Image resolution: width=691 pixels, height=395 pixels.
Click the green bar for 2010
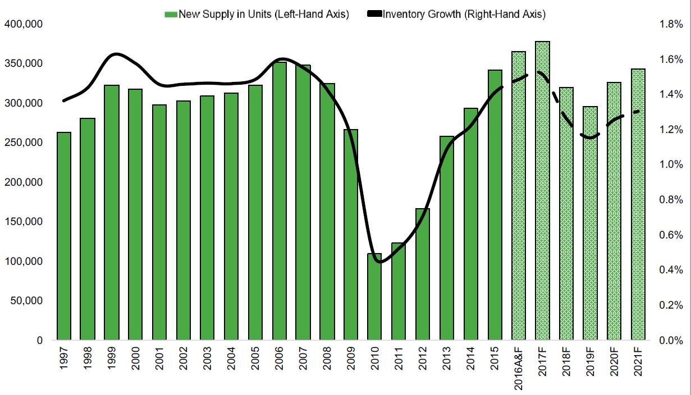click(x=374, y=297)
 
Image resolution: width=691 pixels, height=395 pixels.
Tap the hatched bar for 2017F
click(x=542, y=191)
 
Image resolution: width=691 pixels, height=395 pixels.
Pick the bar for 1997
click(x=63, y=236)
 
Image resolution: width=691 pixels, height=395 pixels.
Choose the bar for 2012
click(x=423, y=274)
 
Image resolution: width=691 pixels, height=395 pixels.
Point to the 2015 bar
click(x=495, y=205)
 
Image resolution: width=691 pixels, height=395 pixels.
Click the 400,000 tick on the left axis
click(x=24, y=25)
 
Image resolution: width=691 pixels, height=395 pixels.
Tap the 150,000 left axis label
click(x=24, y=222)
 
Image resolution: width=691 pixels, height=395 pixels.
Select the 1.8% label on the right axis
click(x=671, y=25)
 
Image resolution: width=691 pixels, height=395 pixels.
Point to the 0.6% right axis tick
click(x=671, y=235)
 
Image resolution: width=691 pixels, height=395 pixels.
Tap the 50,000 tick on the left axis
click(x=26, y=301)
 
